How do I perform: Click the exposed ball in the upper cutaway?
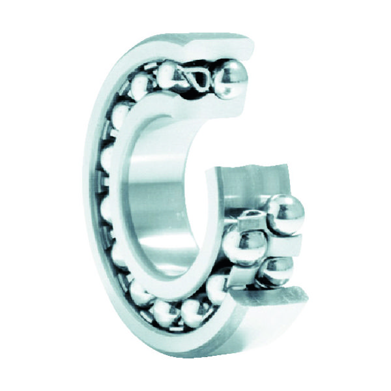[x=231, y=78]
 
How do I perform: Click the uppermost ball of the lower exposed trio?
[x=284, y=213]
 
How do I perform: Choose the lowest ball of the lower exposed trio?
[x=276, y=271]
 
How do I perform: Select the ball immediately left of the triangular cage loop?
[x=171, y=73]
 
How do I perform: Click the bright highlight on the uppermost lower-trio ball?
[x=280, y=207]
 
